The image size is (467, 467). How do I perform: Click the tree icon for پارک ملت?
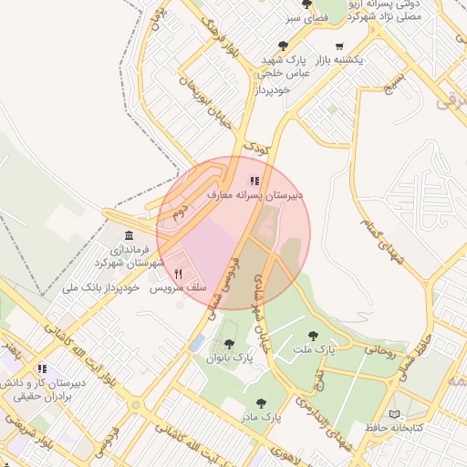(x=314, y=336)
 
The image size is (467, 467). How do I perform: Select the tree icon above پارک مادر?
(x=262, y=401)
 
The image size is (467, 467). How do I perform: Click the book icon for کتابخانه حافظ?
(x=395, y=413)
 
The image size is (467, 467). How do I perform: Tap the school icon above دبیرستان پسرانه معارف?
(x=254, y=181)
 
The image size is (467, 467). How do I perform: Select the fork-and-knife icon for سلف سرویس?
(x=180, y=273)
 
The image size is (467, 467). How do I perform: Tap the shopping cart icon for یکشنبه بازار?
(x=339, y=47)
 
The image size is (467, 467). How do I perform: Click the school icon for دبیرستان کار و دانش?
(x=42, y=368)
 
